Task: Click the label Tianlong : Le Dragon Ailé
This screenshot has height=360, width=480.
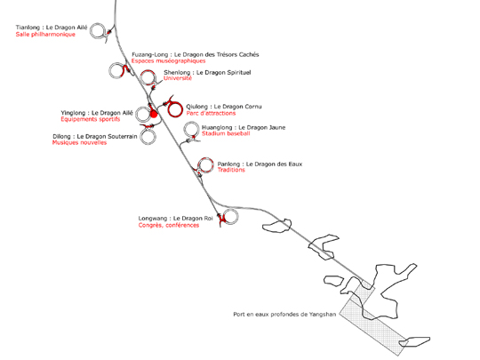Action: pyautogui.click(x=52, y=28)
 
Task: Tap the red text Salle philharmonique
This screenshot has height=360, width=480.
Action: pyautogui.click(x=45, y=35)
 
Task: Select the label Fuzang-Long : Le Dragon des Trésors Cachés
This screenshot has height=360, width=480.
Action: pyautogui.click(x=196, y=54)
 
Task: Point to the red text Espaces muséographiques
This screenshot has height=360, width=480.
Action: pyautogui.click(x=168, y=61)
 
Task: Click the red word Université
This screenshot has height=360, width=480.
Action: pyautogui.click(x=178, y=78)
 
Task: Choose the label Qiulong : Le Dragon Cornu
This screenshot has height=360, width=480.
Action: pyautogui.click(x=224, y=107)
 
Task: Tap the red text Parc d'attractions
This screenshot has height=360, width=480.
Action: pyautogui.click(x=211, y=113)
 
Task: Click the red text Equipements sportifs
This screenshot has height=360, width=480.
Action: pyautogui.click(x=91, y=119)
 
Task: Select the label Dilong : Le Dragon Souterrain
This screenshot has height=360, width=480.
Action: pyautogui.click(x=95, y=137)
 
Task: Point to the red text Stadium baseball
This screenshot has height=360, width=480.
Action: pyautogui.click(x=226, y=133)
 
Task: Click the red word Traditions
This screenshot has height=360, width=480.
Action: pyautogui.click(x=231, y=170)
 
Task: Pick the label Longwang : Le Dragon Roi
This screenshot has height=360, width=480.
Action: pyautogui.click(x=175, y=219)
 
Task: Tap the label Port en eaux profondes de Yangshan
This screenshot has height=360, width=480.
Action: pyautogui.click(x=284, y=315)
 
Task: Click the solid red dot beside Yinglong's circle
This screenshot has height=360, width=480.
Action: pyautogui.click(x=154, y=114)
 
